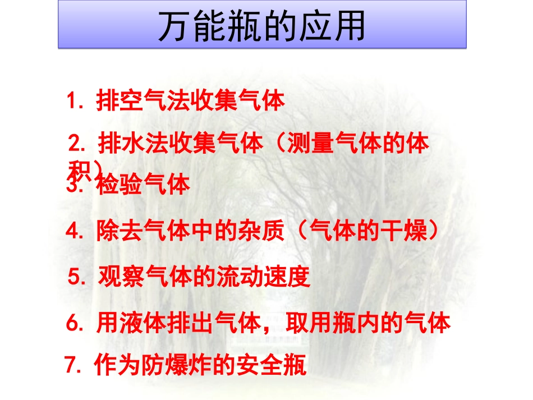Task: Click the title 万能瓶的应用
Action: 262,26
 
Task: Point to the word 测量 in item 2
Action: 310,144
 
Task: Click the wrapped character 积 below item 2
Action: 78,169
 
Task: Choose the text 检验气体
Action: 143,185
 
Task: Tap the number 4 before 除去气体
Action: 73,232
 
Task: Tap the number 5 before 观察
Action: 75,276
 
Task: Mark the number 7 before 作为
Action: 71,366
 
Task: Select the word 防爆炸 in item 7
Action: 169,366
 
